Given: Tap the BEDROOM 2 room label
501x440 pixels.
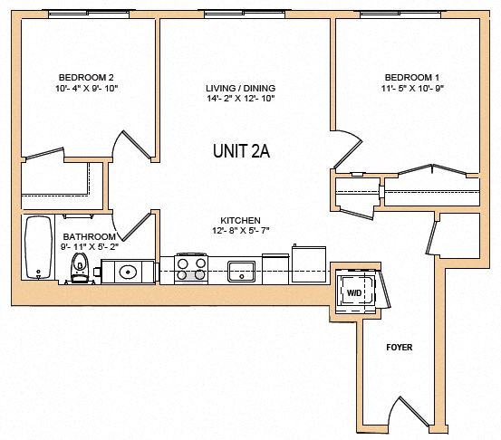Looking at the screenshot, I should click(86, 77).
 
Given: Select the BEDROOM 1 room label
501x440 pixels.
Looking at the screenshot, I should click(413, 77).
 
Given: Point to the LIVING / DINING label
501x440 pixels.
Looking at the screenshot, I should click(240, 89).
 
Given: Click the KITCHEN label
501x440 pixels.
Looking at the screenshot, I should click(240, 221).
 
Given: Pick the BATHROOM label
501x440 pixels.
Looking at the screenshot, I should click(88, 235).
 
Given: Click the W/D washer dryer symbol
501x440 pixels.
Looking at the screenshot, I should click(353, 292).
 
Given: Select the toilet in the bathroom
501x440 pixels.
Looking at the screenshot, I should click(80, 268).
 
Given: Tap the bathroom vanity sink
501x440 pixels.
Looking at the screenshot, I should click(128, 271).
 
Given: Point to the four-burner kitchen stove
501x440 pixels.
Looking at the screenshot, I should click(191, 269).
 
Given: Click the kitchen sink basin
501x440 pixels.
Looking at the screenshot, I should click(242, 270).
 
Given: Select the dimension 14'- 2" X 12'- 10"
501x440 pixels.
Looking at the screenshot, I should click(240, 100).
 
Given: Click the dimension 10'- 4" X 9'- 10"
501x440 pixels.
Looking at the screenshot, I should click(86, 89).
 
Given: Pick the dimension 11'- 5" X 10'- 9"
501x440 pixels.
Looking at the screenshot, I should click(413, 89).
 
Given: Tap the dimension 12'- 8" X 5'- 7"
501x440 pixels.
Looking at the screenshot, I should click(240, 232).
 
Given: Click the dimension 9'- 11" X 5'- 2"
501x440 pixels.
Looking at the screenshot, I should click(88, 246).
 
